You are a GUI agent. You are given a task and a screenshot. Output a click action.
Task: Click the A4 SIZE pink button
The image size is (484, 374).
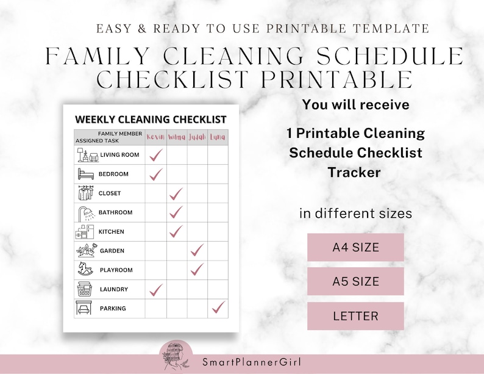point(355,248)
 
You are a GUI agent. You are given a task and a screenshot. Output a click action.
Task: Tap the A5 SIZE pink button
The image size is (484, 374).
point(355,282)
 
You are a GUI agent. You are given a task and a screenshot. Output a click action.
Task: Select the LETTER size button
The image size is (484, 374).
point(355,316)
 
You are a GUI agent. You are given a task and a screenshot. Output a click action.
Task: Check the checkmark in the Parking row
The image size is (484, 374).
point(218,307)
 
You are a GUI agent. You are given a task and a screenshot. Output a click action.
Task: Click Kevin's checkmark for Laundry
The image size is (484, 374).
point(156,289)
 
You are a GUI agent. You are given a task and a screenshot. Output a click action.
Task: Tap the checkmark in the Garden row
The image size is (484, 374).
point(197,250)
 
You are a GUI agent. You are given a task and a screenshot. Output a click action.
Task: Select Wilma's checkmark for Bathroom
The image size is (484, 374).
point(176,212)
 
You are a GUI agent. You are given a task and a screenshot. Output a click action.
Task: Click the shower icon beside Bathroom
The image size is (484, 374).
point(86,213)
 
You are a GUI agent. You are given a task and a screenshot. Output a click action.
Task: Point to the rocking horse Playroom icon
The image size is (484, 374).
point(85,269)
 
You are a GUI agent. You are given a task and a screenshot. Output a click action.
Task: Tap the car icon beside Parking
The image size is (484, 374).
point(85,308)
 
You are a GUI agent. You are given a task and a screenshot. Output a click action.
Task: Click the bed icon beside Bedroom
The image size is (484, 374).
point(85,174)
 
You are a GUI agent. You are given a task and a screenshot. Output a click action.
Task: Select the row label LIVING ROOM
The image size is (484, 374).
point(119,155)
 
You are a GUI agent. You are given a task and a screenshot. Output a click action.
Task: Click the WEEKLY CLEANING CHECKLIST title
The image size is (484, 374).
point(151,119)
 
